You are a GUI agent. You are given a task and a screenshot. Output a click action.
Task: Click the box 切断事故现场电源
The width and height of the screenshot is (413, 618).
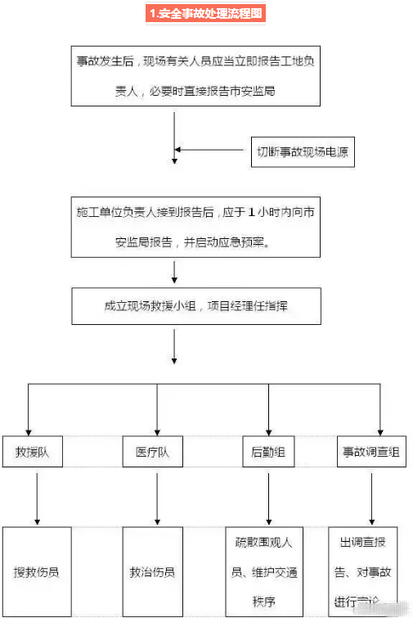click(302, 151)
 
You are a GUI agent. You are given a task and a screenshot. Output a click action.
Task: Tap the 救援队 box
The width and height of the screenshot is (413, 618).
click(33, 453)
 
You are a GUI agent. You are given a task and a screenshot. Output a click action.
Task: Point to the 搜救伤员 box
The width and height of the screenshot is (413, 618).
click(37, 571)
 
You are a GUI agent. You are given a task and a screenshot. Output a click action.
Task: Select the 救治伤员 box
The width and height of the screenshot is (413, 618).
click(153, 571)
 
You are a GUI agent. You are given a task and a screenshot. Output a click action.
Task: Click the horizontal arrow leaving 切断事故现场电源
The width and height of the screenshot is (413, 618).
click(211, 150)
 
